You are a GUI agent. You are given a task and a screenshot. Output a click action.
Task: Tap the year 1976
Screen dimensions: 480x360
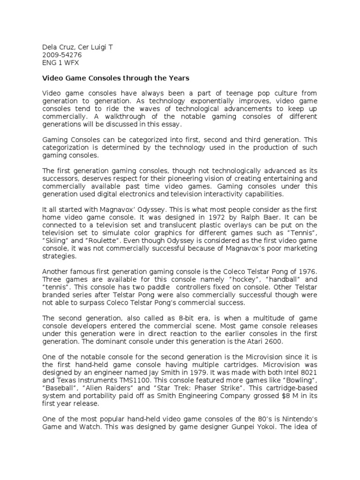point(307,271)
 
